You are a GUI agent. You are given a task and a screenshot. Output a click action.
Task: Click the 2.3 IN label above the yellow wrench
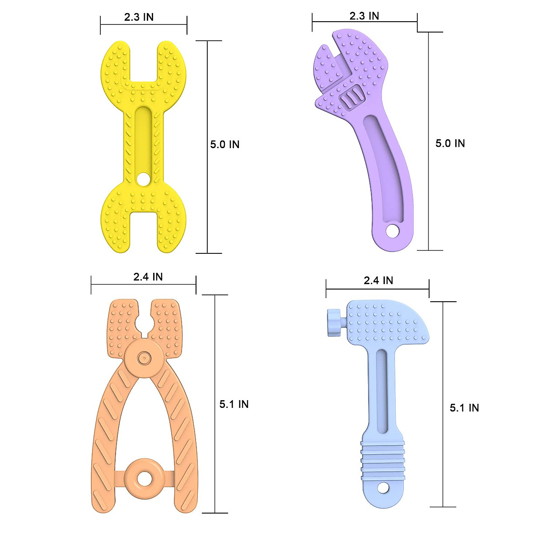tap(139, 17)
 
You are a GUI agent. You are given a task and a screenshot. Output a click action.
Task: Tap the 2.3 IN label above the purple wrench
tap(364, 16)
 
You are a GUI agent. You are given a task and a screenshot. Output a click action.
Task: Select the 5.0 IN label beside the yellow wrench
tap(224, 145)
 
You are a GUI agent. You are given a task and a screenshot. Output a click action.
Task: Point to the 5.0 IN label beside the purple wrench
tap(450, 143)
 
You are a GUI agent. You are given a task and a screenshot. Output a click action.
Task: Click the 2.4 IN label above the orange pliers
tap(148, 277)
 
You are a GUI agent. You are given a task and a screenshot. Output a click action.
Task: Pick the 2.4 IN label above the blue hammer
tap(378, 280)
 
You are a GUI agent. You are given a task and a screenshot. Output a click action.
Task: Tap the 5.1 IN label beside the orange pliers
tap(234, 404)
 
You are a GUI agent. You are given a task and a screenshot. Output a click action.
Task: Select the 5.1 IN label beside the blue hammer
tap(464, 408)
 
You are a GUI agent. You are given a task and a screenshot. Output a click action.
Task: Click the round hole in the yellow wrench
tap(143, 179)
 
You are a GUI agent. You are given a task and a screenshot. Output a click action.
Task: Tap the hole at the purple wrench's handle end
tap(392, 231)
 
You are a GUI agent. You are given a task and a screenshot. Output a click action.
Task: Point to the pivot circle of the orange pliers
tap(144, 359)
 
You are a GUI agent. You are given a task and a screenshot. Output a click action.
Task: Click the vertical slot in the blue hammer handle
tap(382, 388)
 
